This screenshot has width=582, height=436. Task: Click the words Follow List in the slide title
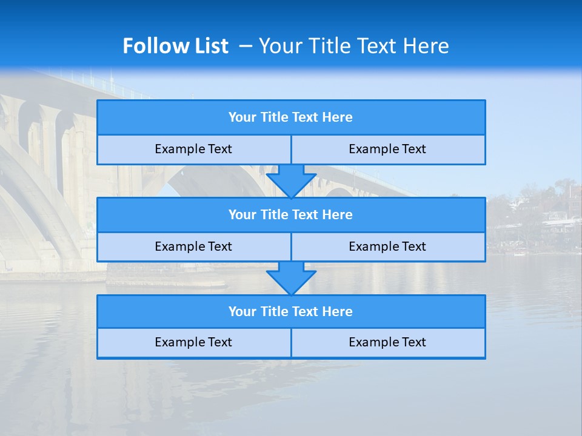(175, 46)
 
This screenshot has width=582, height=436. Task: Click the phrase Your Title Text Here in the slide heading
(353, 46)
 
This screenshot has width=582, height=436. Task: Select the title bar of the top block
(291, 117)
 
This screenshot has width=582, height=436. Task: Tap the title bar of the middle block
(291, 215)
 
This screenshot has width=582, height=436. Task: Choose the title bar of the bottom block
(291, 312)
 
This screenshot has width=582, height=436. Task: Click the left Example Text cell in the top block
(193, 149)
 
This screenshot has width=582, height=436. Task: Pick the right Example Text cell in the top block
(388, 149)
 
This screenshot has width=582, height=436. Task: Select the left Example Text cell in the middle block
(193, 246)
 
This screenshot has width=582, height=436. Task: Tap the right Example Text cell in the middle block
(388, 246)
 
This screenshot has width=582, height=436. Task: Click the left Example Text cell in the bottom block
(193, 342)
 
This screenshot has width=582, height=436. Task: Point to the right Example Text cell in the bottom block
(388, 342)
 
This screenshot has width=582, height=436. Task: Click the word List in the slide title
(210, 46)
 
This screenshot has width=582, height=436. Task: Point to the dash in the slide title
(246, 46)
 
